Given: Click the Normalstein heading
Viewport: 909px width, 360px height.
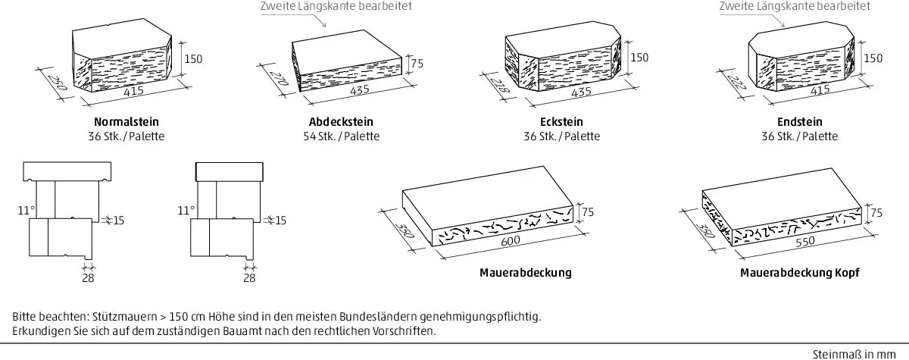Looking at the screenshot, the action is coord(127,122).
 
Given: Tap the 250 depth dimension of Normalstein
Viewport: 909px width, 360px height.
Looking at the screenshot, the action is coord(56,83).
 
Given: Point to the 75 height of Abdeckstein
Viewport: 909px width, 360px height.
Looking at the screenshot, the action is coord(417,64).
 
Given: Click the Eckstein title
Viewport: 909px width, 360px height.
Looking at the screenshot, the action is coord(561,122).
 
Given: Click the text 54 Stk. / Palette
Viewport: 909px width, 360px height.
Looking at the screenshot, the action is coord(342,136).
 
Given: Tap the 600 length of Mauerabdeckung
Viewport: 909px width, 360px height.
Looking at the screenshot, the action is coord(510,241).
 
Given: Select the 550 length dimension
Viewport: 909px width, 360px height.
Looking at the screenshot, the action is coord(804,242).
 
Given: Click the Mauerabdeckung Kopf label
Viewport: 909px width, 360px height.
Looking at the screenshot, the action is coord(799,272).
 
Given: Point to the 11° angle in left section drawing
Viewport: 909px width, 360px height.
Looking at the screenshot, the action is coord(27,210).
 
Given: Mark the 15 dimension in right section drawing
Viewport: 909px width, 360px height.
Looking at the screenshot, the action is coord(281,221).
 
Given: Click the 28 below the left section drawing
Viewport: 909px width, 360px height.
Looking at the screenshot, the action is coord(88,278).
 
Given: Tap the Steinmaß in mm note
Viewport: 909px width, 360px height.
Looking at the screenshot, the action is coord(854,355).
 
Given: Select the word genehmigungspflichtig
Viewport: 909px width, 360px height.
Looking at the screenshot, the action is coord(480,317).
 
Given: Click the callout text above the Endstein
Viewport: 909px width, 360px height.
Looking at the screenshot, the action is coord(795,6).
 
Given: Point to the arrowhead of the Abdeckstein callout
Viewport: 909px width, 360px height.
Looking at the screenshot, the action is coord(324,26).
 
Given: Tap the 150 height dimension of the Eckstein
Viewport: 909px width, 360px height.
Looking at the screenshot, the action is coord(639,58).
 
